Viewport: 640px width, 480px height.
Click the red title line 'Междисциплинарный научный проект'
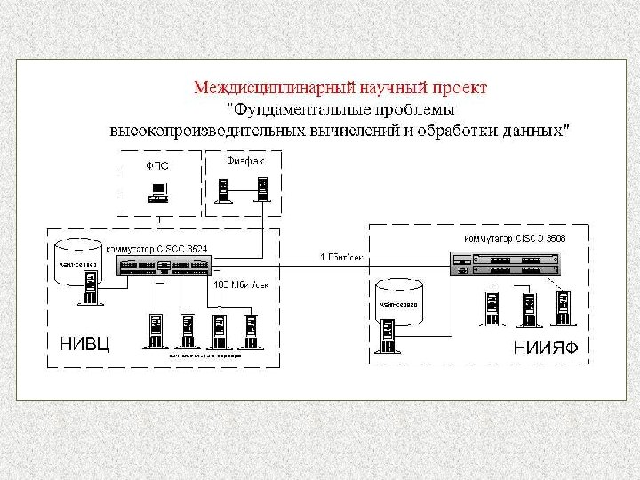(340, 88)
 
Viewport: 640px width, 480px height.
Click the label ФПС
(156, 165)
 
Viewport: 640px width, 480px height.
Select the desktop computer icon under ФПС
(158, 189)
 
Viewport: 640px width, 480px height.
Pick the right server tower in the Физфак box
(260, 188)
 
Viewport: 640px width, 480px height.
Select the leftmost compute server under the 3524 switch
(156, 330)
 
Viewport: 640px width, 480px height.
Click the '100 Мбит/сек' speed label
(241, 285)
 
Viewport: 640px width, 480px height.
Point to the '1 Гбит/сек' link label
(341, 258)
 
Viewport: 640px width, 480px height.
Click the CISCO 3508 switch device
(504, 262)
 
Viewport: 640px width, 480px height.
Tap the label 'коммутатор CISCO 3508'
(515, 239)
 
